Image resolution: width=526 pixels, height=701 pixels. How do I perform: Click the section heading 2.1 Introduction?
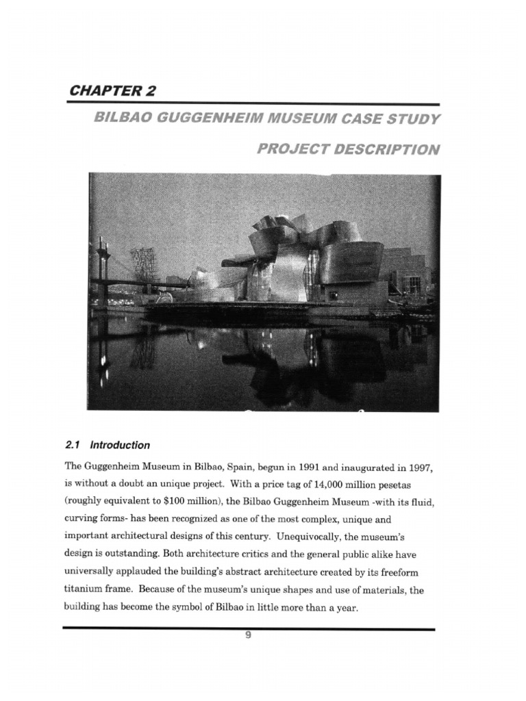(108, 445)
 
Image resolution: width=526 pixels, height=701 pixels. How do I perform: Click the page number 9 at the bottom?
(249, 635)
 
